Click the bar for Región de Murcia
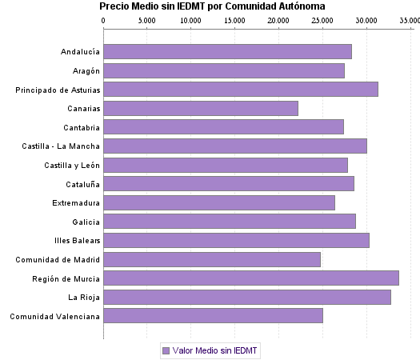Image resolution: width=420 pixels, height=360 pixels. (251, 278)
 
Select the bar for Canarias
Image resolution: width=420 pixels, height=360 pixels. (201, 108)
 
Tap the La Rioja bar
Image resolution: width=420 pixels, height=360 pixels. (247, 298)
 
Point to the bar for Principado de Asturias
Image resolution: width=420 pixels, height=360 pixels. (241, 89)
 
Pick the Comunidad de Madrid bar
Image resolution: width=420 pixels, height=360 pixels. (212, 259)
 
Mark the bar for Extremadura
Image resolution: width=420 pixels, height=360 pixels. (219, 202)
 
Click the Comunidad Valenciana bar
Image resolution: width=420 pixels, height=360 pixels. (214, 316)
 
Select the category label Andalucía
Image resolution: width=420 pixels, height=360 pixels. (80, 52)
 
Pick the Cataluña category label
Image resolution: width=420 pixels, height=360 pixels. (82, 184)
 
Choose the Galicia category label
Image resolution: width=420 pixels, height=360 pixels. (86, 222)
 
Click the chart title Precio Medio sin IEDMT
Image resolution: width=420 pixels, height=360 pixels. (212, 6)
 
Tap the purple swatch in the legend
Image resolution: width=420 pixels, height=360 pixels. (166, 350)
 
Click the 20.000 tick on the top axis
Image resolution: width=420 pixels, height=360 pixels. (278, 19)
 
